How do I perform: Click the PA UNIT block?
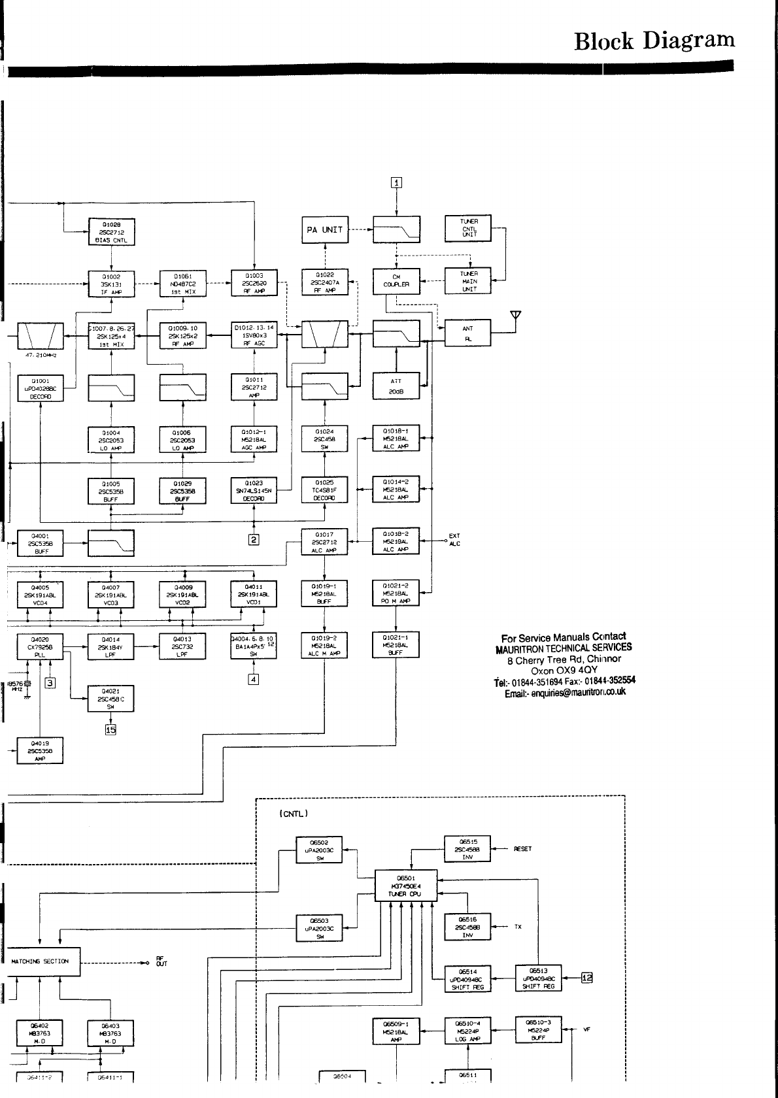pos(325,230)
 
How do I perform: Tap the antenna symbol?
pos(516,316)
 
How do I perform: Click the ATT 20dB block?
pos(396,386)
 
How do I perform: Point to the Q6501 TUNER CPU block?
pos(405,886)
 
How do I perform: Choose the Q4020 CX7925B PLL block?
pos(40,646)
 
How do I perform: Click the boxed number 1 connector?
pos(396,182)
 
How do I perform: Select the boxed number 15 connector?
pos(110,729)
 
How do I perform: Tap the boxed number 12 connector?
pos(586,978)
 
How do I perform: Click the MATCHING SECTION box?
pos(41,961)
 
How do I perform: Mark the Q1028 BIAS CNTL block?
pos(111,232)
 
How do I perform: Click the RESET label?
pos(522,849)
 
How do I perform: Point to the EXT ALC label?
pos(454,540)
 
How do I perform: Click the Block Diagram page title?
pos(654,41)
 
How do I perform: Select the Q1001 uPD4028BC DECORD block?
pos(40,388)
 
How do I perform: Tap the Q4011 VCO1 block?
pos(254,594)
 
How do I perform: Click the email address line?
pos(564,692)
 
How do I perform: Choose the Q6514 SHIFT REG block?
pos(467,979)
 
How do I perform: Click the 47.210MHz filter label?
pos(40,356)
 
